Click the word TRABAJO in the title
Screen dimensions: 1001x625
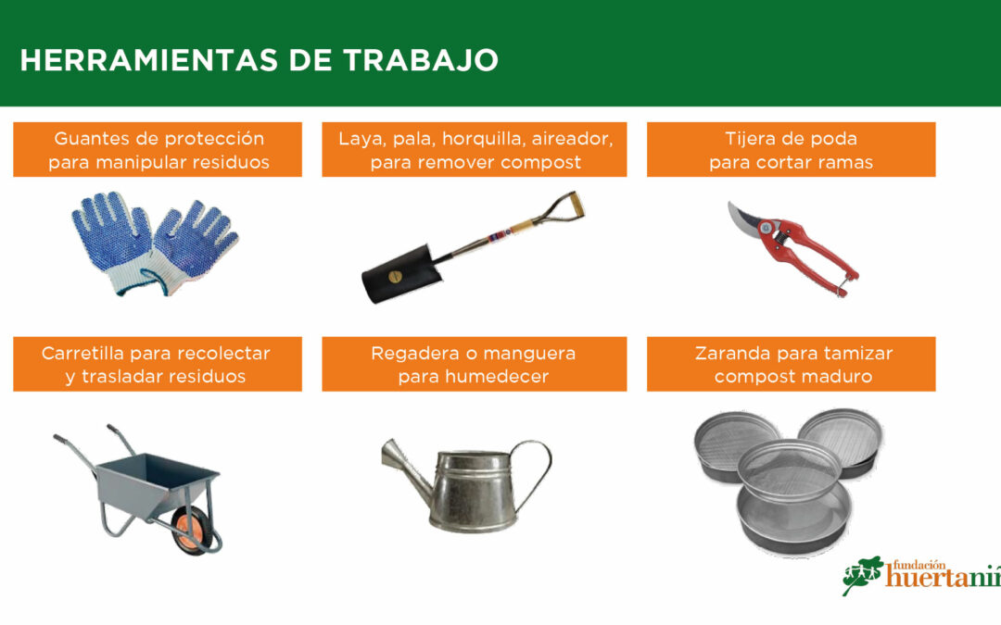420,60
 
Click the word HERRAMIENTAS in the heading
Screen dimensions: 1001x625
148,60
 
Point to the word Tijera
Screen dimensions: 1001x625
750,139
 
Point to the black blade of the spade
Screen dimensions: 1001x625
401,274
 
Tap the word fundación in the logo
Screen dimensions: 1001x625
919,565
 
